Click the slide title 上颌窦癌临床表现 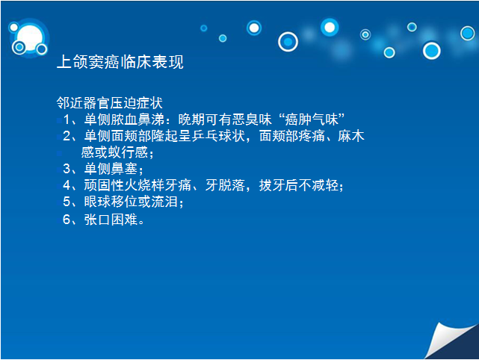pyautogui.click(x=120, y=62)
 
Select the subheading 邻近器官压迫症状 pyautogui.click(x=109, y=103)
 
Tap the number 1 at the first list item pyautogui.click(x=67, y=120)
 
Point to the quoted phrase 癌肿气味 pyautogui.click(x=312, y=119)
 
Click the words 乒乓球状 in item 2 pyautogui.click(x=218, y=136)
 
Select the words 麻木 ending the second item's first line pyautogui.click(x=351, y=136)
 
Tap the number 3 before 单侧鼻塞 pyautogui.click(x=67, y=169)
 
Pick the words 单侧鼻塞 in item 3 pyautogui.click(x=111, y=169)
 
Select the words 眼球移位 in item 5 pyautogui.click(x=111, y=202)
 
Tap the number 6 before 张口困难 pyautogui.click(x=67, y=220)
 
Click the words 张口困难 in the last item pyautogui.click(x=111, y=220)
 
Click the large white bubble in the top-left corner pyautogui.click(x=30, y=37)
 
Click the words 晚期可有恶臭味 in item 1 pyautogui.click(x=225, y=119)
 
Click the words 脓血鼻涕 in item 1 pyautogui.click(x=137, y=119)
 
